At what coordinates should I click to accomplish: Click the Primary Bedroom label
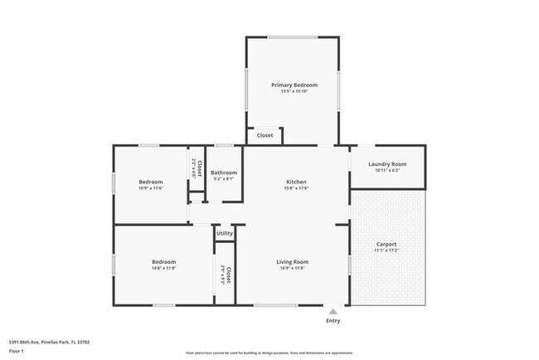click(294, 85)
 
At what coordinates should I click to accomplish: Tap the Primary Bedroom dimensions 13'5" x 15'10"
click(294, 91)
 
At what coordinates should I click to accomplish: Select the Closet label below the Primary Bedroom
click(265, 135)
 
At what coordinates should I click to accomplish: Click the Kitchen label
click(297, 182)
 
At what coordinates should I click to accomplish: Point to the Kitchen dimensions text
click(297, 188)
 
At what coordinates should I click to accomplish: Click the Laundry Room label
click(387, 163)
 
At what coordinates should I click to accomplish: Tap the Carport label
click(386, 244)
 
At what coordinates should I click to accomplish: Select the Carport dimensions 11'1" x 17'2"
click(386, 251)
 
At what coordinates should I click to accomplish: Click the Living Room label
click(292, 262)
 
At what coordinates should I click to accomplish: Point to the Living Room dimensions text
click(292, 269)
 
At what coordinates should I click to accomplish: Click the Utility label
click(225, 234)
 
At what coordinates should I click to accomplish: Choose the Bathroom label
click(224, 172)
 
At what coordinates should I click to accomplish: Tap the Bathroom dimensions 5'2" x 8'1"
click(224, 178)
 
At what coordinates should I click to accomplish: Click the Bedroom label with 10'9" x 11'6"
click(151, 182)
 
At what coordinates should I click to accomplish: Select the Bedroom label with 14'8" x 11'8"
click(163, 262)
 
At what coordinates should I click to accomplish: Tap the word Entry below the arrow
click(333, 321)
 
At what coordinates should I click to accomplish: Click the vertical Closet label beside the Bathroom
click(199, 168)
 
